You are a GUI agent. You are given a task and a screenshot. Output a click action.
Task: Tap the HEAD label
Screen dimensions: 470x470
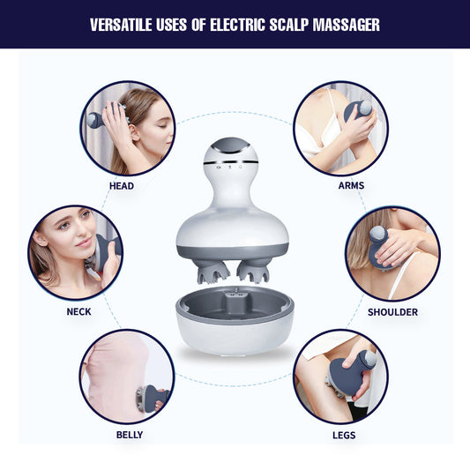(122, 186)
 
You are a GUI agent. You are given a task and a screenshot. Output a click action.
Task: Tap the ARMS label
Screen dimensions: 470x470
(350, 186)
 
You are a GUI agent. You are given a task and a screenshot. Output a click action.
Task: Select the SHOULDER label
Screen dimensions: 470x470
(392, 312)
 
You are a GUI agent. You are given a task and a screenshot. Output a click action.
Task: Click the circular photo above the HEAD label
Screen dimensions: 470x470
(128, 129)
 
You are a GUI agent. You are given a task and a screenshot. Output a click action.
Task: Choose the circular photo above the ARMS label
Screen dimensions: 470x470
(340, 129)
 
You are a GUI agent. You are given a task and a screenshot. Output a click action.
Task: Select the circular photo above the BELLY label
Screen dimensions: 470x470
(127, 377)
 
